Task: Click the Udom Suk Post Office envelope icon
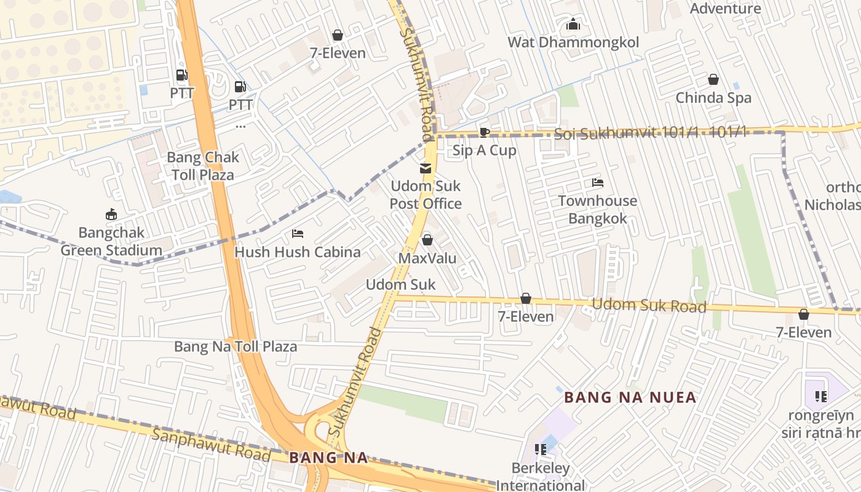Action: click(x=425, y=169)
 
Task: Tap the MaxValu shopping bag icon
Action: click(x=427, y=240)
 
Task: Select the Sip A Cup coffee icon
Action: click(x=484, y=132)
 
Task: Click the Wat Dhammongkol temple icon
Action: click(x=573, y=25)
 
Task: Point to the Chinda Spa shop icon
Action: click(x=713, y=79)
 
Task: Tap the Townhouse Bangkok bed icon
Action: click(x=597, y=183)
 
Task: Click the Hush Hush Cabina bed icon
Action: click(x=298, y=234)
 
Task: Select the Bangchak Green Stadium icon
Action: click(x=111, y=215)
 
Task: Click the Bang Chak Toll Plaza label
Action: click(x=203, y=166)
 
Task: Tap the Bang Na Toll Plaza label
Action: click(x=236, y=346)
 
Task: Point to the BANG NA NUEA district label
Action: click(x=630, y=397)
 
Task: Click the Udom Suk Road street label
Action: click(x=648, y=305)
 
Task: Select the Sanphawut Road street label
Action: click(x=211, y=445)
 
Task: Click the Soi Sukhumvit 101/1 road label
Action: click(x=650, y=133)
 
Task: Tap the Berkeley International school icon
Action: click(x=541, y=450)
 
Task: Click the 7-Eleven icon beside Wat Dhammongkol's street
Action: click(x=337, y=35)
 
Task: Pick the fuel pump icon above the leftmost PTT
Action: click(x=182, y=76)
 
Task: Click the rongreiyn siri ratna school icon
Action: click(x=820, y=397)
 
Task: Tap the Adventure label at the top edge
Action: click(x=725, y=8)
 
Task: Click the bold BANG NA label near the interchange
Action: click(x=328, y=458)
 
